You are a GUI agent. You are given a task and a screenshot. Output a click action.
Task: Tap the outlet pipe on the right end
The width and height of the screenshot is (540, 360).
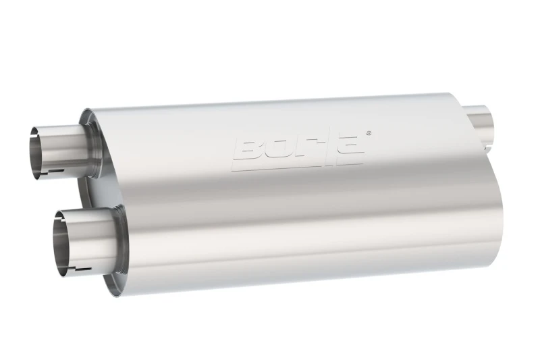tap(483, 121)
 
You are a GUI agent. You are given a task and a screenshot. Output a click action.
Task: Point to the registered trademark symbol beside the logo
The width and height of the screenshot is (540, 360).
tap(368, 133)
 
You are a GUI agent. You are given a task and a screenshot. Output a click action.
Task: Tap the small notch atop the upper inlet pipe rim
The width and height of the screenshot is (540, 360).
tap(42, 125)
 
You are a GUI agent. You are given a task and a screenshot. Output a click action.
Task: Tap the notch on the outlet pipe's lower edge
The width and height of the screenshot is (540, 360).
tap(487, 144)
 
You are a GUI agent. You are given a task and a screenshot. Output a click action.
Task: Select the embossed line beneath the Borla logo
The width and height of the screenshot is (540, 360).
tap(297, 165)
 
